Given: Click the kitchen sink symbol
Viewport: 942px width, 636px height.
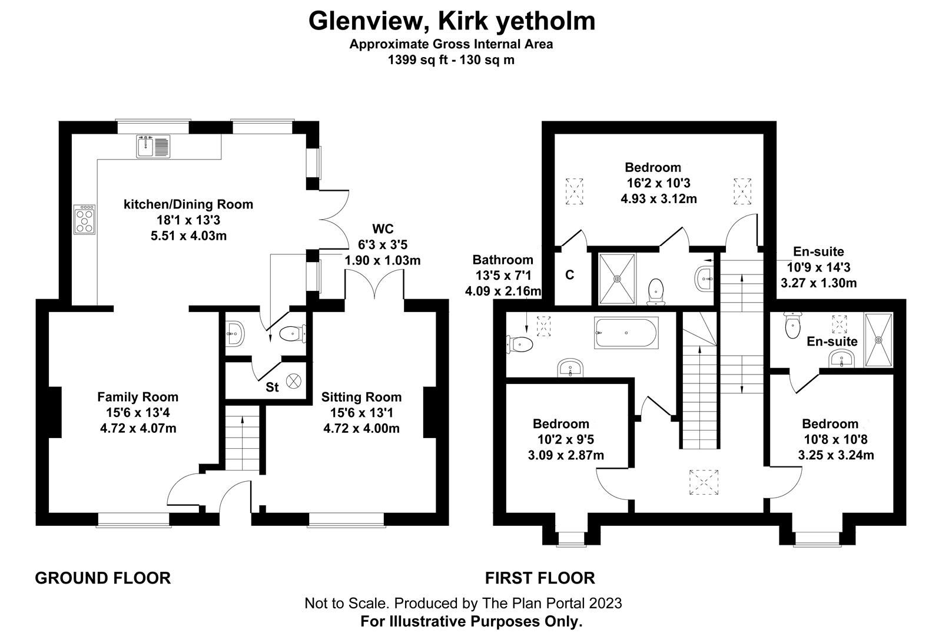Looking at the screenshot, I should click(x=154, y=146).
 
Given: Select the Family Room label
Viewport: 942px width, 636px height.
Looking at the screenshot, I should click(x=138, y=397).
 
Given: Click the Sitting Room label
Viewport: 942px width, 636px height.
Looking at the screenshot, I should click(x=361, y=397).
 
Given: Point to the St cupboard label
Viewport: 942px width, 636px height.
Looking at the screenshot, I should click(x=272, y=387).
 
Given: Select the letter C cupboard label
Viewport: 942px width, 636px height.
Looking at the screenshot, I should click(x=570, y=275).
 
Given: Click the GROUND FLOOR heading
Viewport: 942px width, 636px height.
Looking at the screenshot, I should click(x=103, y=578).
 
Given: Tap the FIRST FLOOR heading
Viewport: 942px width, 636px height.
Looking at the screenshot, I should click(x=540, y=578).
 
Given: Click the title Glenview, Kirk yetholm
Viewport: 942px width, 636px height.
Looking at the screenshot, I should click(x=452, y=21).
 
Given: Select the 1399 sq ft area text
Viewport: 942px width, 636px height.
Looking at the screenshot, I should click(x=417, y=59).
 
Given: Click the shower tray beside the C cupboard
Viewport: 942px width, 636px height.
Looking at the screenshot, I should click(x=617, y=279).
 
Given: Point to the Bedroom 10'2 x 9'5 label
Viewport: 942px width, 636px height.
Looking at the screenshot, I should click(x=561, y=423).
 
